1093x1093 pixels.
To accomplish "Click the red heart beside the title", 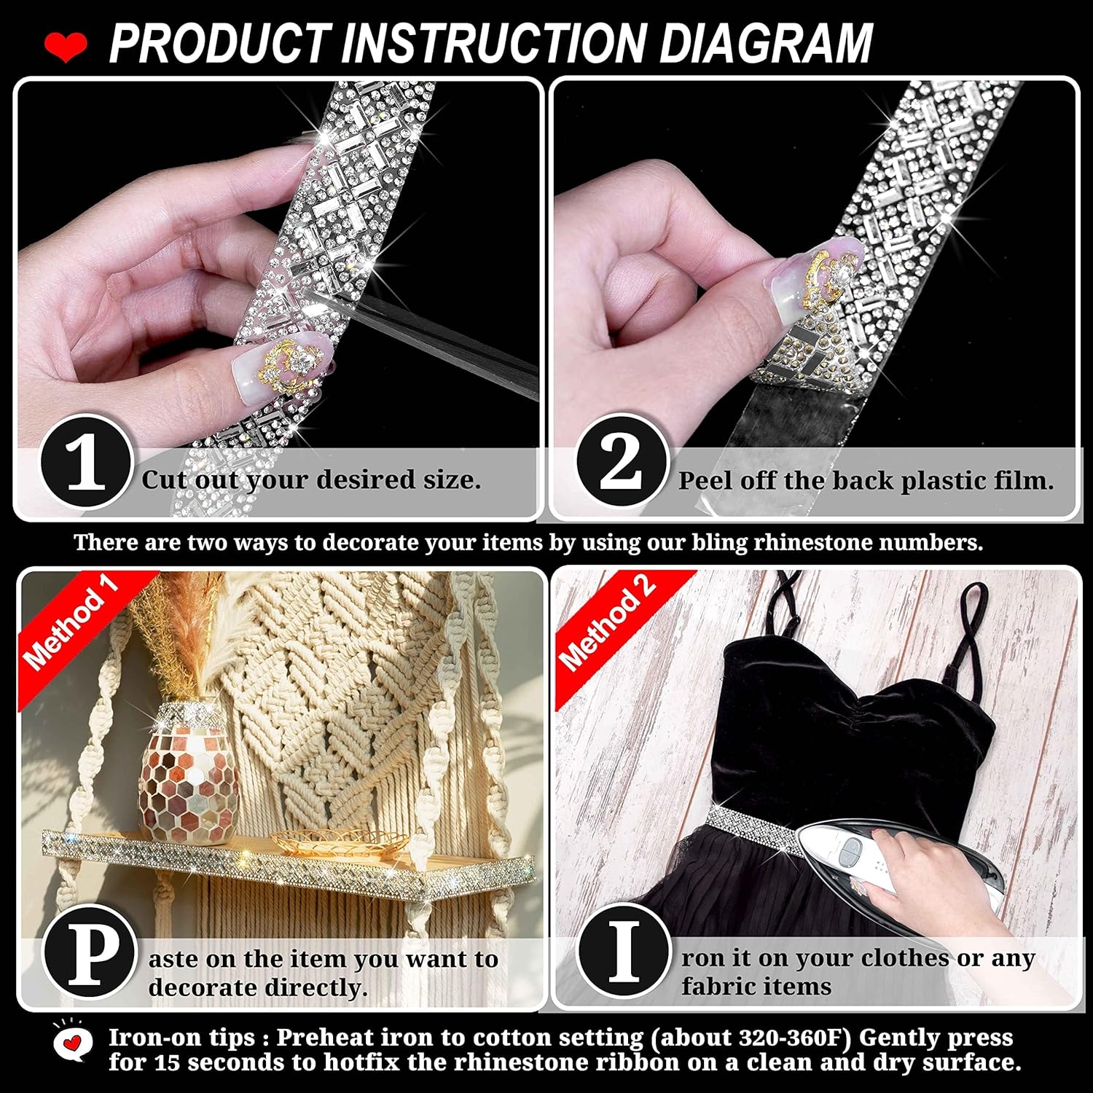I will pos(65,46).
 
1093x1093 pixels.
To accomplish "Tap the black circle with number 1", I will pos(86,462).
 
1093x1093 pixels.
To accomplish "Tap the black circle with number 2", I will pos(622,462).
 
